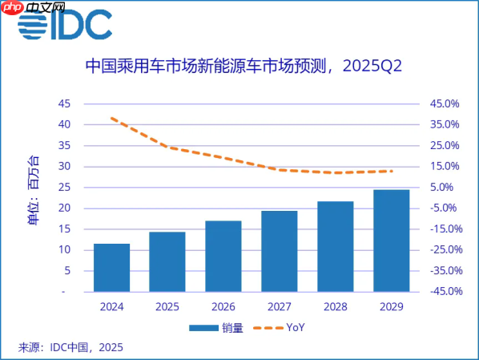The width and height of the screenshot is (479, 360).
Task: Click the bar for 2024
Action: [111, 268]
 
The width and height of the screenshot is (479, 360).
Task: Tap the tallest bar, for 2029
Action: [391, 241]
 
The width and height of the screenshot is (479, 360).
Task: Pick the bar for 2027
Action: [279, 252]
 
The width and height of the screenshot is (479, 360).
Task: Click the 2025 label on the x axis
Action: [167, 307]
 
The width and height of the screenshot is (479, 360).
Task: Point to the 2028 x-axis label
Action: [335, 307]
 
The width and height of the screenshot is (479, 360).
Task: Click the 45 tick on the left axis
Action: [63, 103]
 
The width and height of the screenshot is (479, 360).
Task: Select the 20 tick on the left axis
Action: [63, 208]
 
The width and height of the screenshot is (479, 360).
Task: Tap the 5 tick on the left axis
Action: [66, 270]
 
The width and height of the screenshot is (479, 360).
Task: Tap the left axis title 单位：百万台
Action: [33, 190]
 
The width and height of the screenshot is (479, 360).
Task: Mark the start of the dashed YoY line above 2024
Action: [111, 118]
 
